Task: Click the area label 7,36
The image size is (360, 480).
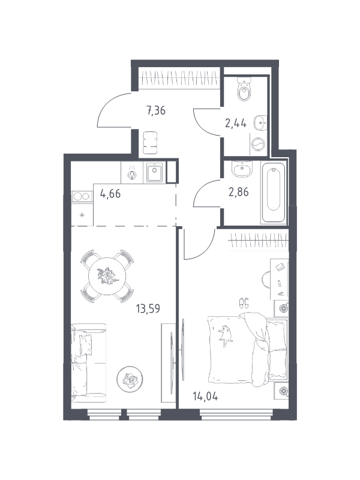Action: coord(156,110)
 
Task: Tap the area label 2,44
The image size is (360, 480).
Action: coord(236,124)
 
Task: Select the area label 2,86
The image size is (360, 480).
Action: coord(239,192)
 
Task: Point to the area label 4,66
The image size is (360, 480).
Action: coord(110,194)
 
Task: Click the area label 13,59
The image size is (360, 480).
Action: coord(148,308)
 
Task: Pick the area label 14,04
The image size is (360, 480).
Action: coord(205,397)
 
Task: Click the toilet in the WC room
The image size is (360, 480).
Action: coord(244,89)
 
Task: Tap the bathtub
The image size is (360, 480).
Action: coord(274,192)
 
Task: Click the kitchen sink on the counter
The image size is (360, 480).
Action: coord(155,172)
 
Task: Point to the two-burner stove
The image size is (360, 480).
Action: coord(82,196)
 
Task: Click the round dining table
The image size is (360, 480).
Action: coord(107,276)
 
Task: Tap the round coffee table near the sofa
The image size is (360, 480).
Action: coord(130,379)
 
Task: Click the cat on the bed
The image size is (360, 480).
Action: coord(226,335)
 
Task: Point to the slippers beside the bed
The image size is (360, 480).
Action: coord(244,303)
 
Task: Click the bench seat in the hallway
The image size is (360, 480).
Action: coord(151,143)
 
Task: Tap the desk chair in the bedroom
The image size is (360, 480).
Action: coord(266,279)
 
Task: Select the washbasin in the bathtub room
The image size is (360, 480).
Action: coord(242,169)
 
